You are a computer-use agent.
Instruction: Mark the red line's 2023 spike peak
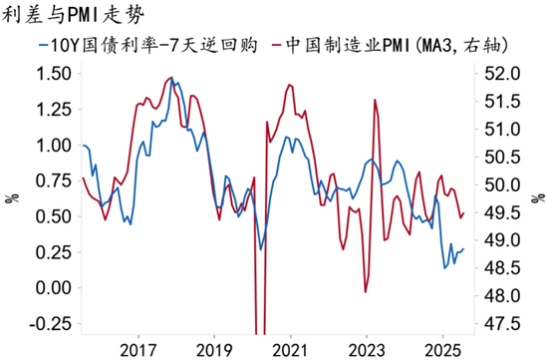(374, 100)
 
